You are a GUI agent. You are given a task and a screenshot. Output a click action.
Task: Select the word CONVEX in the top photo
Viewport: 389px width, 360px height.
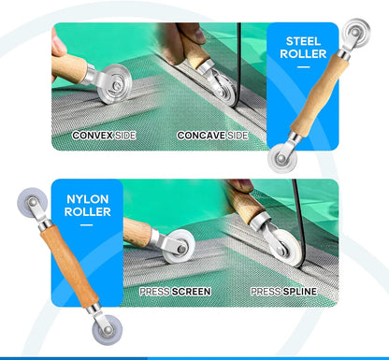click(93, 136)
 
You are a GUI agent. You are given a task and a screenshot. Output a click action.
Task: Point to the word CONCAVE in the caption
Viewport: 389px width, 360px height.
click(201, 136)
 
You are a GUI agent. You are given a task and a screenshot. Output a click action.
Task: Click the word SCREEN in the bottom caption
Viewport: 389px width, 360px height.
click(191, 292)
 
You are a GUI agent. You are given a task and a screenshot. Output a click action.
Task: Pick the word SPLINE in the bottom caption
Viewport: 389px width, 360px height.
click(300, 292)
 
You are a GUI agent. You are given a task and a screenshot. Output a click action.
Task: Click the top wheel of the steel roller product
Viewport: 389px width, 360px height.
click(355, 33)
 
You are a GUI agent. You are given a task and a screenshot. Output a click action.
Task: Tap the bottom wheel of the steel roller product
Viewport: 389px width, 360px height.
click(282, 158)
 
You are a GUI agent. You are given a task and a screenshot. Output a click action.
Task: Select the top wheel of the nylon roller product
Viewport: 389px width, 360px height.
click(33, 202)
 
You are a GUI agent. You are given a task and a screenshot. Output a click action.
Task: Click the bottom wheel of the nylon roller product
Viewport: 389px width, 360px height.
click(108, 330)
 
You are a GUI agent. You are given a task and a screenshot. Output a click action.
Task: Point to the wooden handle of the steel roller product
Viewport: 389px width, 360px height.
click(320, 94)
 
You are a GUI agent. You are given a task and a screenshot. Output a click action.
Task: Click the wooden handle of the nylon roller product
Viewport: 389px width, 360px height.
click(69, 266)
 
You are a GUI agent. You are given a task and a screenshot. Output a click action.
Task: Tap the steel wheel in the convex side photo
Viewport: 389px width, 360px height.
click(115, 84)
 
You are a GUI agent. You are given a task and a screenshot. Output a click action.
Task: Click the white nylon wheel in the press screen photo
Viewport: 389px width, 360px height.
click(179, 247)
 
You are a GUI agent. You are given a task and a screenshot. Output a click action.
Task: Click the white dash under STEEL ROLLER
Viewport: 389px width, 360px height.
click(303, 66)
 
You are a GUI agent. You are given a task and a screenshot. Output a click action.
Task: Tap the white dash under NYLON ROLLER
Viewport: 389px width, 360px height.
click(87, 224)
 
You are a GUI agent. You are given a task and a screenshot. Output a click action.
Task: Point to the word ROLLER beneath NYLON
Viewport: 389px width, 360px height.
click(88, 212)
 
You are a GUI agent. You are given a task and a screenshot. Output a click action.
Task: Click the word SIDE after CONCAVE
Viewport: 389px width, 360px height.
click(238, 136)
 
